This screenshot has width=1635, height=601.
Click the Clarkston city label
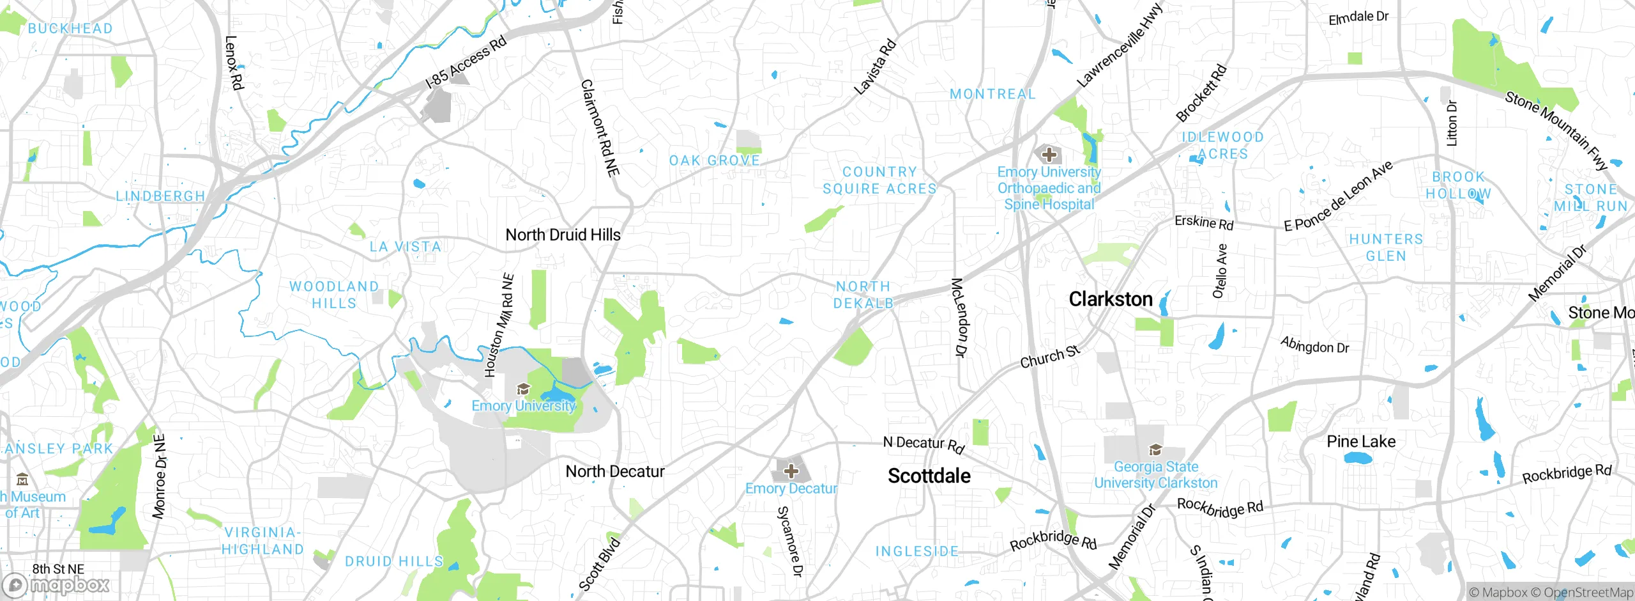pyautogui.click(x=1110, y=299)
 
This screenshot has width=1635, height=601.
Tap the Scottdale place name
pyautogui.click(x=929, y=476)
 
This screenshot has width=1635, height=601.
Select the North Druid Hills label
pyautogui.click(x=563, y=235)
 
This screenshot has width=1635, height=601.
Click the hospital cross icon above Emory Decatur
pyautogui.click(x=791, y=471)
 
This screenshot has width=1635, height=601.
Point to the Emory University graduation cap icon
pyautogui.click(x=523, y=389)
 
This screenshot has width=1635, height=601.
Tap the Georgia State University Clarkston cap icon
pyautogui.click(x=1155, y=449)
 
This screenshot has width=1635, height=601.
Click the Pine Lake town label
pyautogui.click(x=1360, y=441)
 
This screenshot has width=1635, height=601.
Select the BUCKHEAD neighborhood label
pyautogui.click(x=70, y=28)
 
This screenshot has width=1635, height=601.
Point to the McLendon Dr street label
pyautogui.click(x=959, y=317)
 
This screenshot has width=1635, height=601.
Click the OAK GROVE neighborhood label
pyautogui.click(x=714, y=160)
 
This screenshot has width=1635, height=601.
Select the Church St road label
pyautogui.click(x=1050, y=357)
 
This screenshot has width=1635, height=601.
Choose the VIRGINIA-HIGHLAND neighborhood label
pyautogui.click(x=262, y=540)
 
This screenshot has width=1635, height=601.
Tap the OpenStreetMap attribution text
pyautogui.click(x=1588, y=592)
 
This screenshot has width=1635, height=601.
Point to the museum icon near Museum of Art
pyautogui.click(x=22, y=479)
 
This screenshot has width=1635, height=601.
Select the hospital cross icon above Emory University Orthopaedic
pyautogui.click(x=1049, y=154)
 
